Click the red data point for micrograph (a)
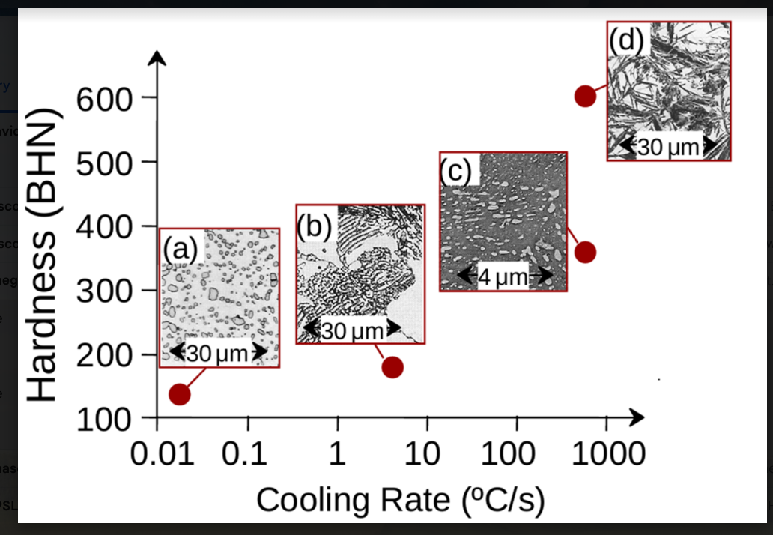point(179,394)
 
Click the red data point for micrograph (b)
point(392,367)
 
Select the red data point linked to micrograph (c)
point(585,253)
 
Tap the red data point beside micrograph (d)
point(585,96)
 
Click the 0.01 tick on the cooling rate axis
point(157,455)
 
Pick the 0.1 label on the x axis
point(248,455)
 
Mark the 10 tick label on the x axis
point(427,455)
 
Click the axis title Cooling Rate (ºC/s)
point(400,500)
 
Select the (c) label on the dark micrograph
point(455,172)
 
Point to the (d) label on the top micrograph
point(626,41)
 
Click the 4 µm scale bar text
point(503,276)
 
